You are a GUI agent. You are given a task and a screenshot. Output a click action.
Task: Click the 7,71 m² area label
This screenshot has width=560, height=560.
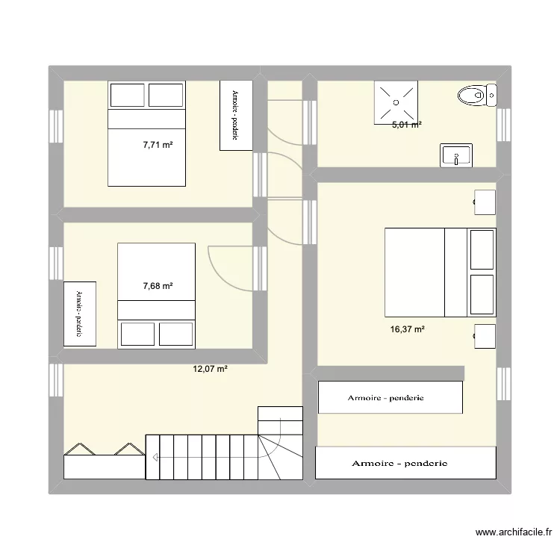(x=158, y=145)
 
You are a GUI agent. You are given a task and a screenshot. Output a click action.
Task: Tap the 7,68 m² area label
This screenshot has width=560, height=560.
(x=158, y=285)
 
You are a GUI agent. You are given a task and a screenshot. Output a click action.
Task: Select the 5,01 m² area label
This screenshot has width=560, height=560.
(x=407, y=125)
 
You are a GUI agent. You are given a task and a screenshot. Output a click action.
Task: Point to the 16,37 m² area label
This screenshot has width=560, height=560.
(x=408, y=329)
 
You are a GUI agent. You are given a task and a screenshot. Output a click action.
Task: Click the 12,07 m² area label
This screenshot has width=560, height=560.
(x=211, y=368)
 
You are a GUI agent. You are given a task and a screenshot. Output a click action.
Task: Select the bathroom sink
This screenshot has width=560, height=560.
(x=455, y=155)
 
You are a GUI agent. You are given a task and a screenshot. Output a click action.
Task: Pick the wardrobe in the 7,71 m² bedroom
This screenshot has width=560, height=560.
(x=234, y=115)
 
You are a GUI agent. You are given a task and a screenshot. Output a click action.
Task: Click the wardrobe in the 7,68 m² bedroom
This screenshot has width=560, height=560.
(x=79, y=314)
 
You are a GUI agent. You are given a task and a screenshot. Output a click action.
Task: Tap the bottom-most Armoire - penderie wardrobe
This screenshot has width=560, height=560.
(x=405, y=463)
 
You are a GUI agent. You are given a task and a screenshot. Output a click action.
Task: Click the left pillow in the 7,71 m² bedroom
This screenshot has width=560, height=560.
(x=127, y=95)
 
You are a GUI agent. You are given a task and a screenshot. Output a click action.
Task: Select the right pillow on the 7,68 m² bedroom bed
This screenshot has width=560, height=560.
(x=176, y=333)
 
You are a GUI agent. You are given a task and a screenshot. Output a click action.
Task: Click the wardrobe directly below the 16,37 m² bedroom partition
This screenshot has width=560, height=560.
(x=390, y=397)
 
